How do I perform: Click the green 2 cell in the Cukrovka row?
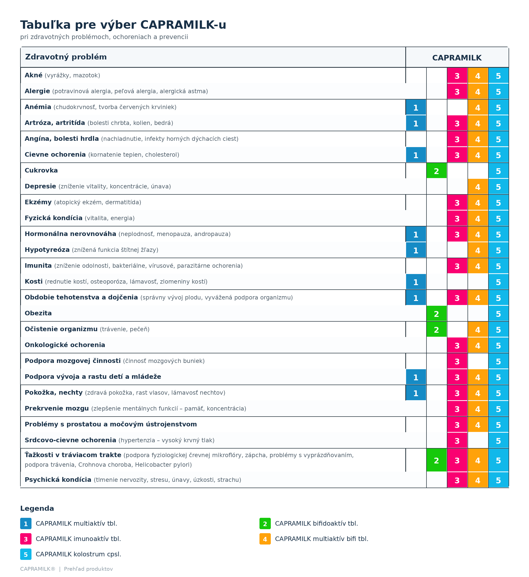tap(436, 171)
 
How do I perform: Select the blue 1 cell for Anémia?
tap(416, 107)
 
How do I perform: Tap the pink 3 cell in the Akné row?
tap(457, 76)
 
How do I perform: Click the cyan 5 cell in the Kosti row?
tap(498, 282)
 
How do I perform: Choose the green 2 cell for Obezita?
tap(436, 314)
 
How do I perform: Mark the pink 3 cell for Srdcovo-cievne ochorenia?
tap(457, 440)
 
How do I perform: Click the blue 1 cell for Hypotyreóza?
tap(416, 250)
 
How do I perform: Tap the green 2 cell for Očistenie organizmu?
tap(436, 329)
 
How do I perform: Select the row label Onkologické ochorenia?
tap(65, 345)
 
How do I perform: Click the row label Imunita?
tap(38, 266)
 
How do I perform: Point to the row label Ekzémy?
tap(38, 202)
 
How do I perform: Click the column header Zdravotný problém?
tap(66, 57)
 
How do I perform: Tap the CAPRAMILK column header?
tap(457, 58)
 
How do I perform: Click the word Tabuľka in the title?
tap(46, 25)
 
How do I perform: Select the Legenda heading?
tap(37, 508)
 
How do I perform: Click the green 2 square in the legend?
tap(265, 523)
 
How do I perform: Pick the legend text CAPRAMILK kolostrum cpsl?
tap(78, 554)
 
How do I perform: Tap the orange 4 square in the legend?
tap(265, 539)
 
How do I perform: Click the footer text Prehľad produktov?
tap(88, 569)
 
